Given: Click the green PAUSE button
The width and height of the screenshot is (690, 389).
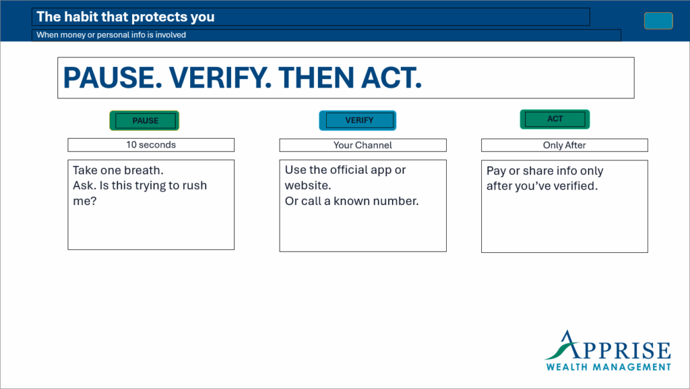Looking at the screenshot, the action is [x=144, y=121].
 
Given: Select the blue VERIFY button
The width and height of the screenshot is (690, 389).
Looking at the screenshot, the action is [x=357, y=121].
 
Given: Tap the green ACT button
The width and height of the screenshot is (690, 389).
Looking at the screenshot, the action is [x=555, y=119].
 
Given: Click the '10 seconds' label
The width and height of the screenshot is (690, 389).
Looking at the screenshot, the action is [x=151, y=145].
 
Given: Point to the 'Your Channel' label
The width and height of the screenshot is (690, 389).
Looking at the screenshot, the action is [x=363, y=145].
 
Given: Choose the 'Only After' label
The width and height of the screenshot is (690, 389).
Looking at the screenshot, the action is [x=564, y=145].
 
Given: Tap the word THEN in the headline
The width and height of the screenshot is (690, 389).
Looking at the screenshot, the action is [x=316, y=78].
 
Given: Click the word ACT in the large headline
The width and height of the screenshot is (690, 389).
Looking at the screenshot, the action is [x=391, y=78].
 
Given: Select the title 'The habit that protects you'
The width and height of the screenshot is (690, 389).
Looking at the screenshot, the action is [x=125, y=17].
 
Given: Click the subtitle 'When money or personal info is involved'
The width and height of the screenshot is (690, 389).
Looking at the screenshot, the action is [x=111, y=35].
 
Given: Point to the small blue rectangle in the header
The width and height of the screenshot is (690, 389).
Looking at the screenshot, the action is [x=658, y=21].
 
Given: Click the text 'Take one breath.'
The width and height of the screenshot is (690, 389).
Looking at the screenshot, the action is [x=118, y=171].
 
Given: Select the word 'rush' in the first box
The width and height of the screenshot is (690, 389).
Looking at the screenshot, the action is [x=195, y=185].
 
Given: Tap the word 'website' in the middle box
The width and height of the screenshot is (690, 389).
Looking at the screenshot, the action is [x=306, y=185].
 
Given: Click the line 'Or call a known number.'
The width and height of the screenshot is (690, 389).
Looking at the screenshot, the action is [x=352, y=201].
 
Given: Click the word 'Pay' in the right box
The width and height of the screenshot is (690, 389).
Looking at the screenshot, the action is [x=496, y=171].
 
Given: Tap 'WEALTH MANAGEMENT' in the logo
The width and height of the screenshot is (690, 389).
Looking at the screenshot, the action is [x=608, y=367].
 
